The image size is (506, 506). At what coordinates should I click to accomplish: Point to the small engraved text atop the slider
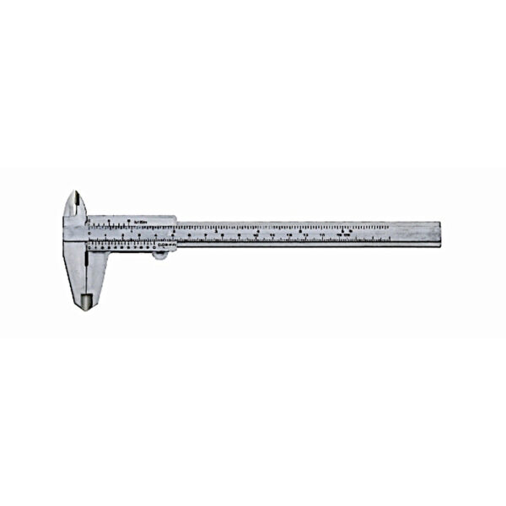click(141, 220)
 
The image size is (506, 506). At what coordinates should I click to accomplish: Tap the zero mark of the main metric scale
click(90, 240)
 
